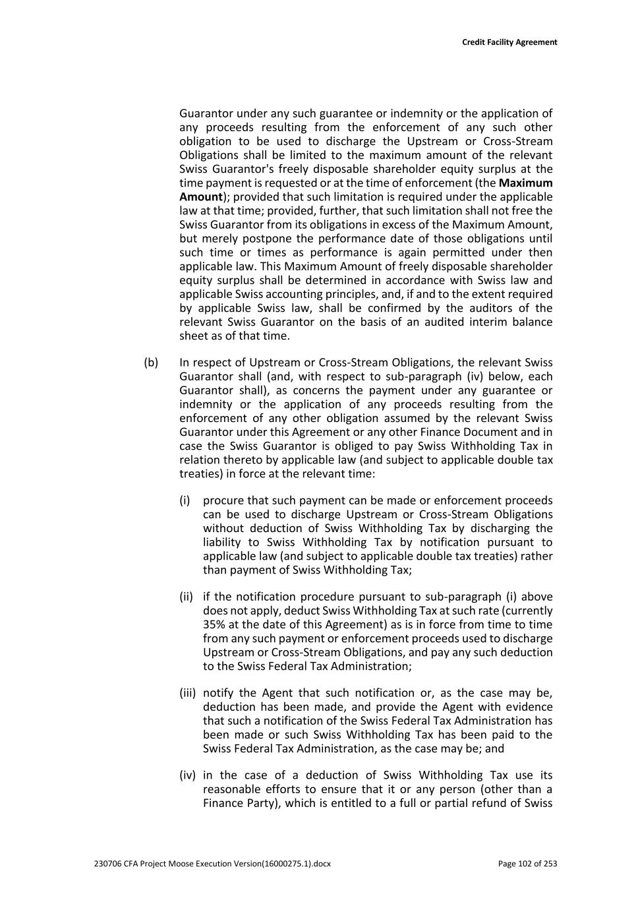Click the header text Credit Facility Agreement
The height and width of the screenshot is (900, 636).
pos(509,42)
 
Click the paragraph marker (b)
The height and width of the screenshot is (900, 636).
pos(151,363)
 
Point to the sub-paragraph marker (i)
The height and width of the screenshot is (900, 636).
pos(185,500)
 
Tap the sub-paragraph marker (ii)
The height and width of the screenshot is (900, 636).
pos(186,597)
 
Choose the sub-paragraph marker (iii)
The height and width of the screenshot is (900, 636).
pos(187,693)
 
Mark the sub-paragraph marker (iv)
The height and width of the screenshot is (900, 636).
pos(187,775)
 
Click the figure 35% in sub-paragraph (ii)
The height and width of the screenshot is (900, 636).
pos(214,624)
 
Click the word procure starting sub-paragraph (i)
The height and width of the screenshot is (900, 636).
pos(223,500)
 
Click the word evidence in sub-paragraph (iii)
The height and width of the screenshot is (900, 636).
pos(529,707)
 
